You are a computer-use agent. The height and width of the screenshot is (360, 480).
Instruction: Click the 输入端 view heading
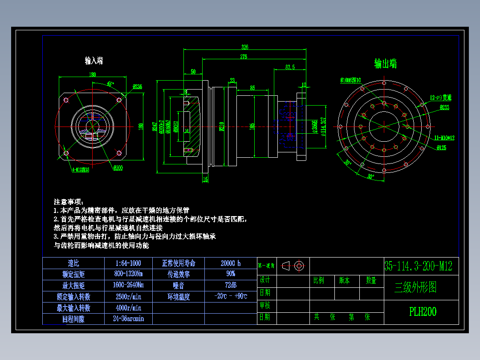(x=94, y=61)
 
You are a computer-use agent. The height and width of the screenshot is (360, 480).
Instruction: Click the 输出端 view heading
(x=386, y=64)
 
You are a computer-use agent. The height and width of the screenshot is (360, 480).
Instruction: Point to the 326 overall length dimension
(x=244, y=47)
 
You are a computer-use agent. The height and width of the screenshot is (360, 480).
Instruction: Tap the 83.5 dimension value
(x=290, y=67)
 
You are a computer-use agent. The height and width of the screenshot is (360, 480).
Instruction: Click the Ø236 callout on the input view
(x=137, y=86)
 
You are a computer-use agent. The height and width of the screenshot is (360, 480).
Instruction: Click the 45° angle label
(x=110, y=83)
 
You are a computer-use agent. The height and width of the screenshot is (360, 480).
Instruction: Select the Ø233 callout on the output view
(x=444, y=107)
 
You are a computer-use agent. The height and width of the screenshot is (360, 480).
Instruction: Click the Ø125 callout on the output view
(x=441, y=147)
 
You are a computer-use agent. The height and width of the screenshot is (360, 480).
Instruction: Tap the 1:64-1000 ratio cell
(x=128, y=263)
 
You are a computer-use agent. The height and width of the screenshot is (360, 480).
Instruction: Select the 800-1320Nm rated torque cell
(x=128, y=274)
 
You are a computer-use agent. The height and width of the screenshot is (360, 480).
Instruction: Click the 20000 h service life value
(x=230, y=263)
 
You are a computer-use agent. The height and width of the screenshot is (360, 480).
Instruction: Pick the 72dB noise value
(x=230, y=285)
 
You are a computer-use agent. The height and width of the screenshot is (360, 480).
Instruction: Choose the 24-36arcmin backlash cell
(x=128, y=319)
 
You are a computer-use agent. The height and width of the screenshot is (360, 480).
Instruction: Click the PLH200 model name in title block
(x=423, y=312)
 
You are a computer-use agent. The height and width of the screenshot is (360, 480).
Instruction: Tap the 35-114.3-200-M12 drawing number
(x=418, y=266)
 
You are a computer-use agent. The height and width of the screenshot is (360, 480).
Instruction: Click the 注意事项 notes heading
(x=69, y=201)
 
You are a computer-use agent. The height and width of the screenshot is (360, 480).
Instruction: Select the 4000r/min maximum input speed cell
(x=128, y=307)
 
